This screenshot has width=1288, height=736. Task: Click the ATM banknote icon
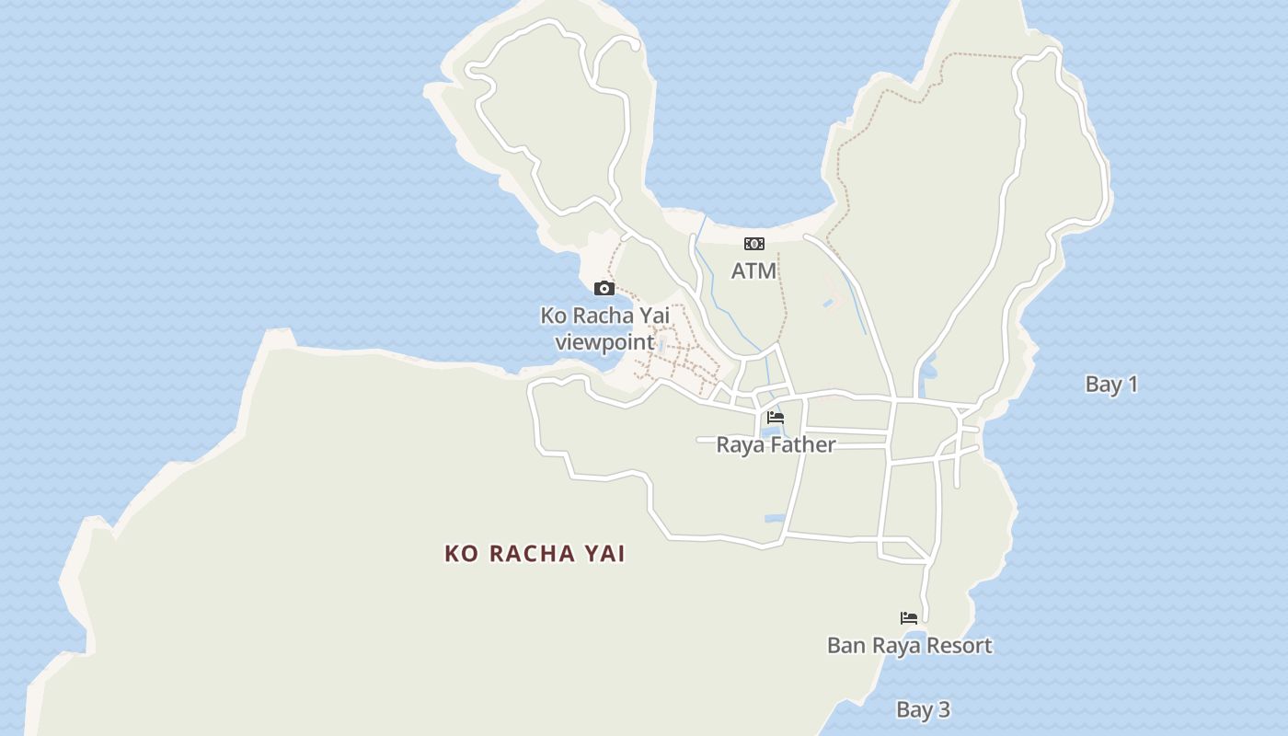click(x=753, y=244)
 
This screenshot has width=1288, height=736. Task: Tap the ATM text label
click(x=753, y=271)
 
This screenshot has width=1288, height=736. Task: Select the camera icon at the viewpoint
click(x=604, y=289)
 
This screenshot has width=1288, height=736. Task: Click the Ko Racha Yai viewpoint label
click(x=604, y=329)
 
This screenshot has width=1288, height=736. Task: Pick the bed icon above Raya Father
click(x=776, y=418)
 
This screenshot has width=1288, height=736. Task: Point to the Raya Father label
click(x=776, y=445)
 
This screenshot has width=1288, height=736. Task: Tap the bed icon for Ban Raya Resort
click(x=909, y=618)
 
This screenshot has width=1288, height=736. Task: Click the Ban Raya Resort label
click(x=909, y=646)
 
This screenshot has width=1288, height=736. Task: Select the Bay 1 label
click(x=1111, y=385)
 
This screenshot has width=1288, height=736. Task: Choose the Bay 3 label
click(x=923, y=710)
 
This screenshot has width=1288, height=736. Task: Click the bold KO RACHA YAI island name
click(x=535, y=554)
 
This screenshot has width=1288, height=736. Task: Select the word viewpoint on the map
click(x=604, y=343)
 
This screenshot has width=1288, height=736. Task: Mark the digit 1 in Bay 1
click(x=1133, y=385)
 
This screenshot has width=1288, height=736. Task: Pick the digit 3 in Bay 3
click(x=943, y=710)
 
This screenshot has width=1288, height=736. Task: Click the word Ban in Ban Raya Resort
click(x=845, y=646)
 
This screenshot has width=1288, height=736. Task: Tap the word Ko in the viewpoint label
click(x=552, y=316)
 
